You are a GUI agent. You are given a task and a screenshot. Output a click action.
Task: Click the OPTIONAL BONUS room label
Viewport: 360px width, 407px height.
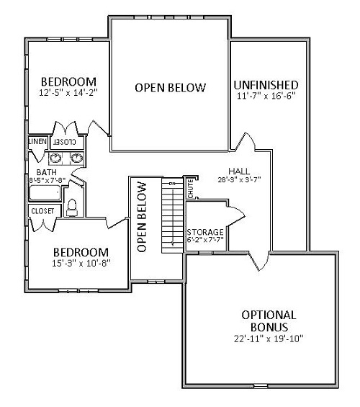pos(269,315)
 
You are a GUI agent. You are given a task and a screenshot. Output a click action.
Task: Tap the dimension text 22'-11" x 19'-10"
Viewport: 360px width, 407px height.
pos(269,338)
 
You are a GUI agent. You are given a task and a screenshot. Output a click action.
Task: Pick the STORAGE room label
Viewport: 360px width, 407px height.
pos(204,232)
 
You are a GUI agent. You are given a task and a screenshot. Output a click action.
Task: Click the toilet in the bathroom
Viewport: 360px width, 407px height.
pos(72,207)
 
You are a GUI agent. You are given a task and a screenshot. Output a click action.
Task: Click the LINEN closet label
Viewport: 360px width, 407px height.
pos(37,143)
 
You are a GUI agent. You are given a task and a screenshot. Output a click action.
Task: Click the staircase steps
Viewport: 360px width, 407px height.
pos(172,215)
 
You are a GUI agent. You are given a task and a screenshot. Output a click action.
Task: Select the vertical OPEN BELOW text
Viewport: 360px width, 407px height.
pos(142,216)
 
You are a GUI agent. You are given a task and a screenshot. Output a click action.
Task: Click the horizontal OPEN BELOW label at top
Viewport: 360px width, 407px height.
pos(170,87)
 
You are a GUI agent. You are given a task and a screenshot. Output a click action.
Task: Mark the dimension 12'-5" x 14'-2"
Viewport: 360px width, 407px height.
pos(68,92)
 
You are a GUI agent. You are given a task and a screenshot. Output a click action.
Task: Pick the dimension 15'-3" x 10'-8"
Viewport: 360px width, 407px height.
pos(81,264)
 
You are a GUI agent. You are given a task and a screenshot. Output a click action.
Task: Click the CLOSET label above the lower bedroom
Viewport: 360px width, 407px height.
pos(41,211)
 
